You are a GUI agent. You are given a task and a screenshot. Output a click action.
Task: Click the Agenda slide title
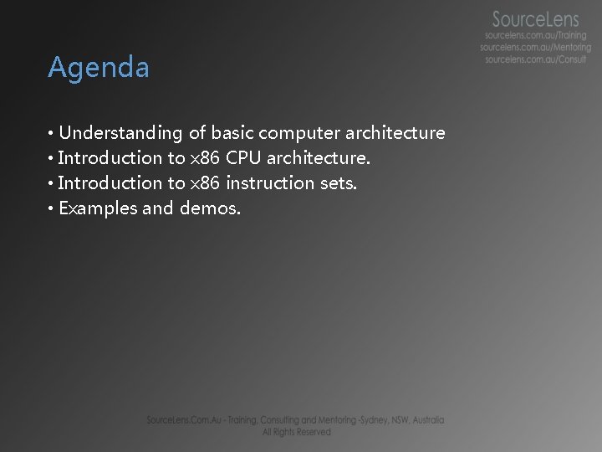pos(99,68)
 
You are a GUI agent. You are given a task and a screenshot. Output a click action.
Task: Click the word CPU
pos(244,158)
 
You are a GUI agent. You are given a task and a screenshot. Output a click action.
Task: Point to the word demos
pos(210,208)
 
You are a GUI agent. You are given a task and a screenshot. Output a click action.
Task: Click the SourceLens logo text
pos(535,18)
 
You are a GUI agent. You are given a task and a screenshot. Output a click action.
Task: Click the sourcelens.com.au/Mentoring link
pos(535,48)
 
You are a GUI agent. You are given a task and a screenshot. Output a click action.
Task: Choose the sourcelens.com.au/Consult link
pos(536,59)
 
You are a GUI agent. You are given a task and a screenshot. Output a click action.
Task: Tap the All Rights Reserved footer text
pos(297,432)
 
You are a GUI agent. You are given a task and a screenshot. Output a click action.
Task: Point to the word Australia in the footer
pos(426,420)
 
